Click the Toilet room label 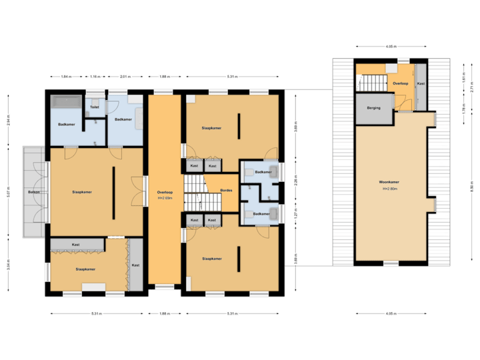pyautogui.click(x=95, y=107)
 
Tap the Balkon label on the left pyautogui.click(x=33, y=192)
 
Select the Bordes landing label pyautogui.click(x=226, y=191)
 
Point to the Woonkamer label pyautogui.click(x=389, y=182)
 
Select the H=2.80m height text pyautogui.click(x=389, y=189)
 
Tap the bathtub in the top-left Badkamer pyautogui.click(x=65, y=103)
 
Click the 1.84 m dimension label pyautogui.click(x=66, y=77)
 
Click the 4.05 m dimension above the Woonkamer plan pyautogui.click(x=391, y=46)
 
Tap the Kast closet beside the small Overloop pyautogui.click(x=421, y=84)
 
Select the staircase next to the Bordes pyautogui.click(x=196, y=191)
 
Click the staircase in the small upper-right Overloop pyautogui.click(x=374, y=83)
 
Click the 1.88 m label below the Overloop pyautogui.click(x=164, y=313)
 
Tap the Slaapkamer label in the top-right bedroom pyautogui.click(x=212, y=128)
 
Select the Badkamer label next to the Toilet pyautogui.click(x=123, y=119)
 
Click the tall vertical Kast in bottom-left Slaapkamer pyautogui.click(x=136, y=265)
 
